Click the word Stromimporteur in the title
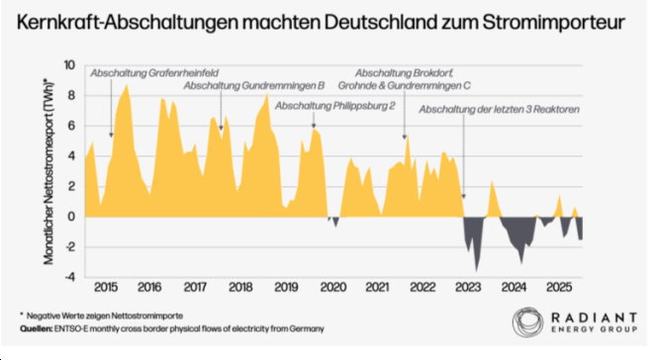coord(553,23)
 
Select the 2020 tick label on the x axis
coord(332,288)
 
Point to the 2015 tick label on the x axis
coord(105,288)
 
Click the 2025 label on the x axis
coord(558,288)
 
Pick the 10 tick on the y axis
coord(69,65)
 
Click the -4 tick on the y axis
coord(69,277)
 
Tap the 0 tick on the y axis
coord(71,217)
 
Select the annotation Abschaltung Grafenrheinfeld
coord(154,73)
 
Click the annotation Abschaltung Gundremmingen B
coord(254,86)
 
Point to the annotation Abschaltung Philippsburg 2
coord(334,106)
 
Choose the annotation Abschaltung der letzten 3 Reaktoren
coord(499,110)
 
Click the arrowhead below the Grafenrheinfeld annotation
coord(111,135)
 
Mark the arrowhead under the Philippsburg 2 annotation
coord(314,126)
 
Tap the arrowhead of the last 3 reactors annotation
coord(463,197)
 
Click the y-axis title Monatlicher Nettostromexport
coord(48,171)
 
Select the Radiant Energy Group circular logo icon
coord(527,321)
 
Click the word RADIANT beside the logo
coord(594,317)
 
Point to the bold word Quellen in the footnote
coord(36,328)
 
